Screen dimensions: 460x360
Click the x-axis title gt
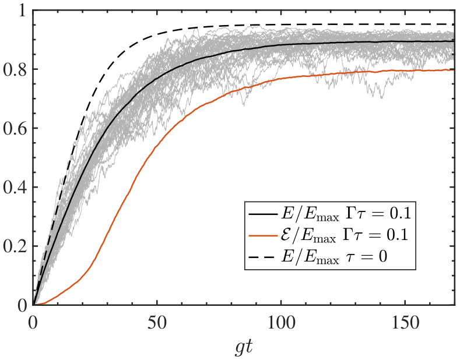[x=244, y=348]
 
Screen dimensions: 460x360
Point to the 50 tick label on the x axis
[x=157, y=323]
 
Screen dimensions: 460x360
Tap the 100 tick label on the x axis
[x=281, y=323]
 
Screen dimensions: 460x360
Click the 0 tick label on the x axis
[x=33, y=323]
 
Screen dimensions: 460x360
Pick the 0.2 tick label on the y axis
[x=15, y=246]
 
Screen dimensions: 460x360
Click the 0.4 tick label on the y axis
[x=15, y=187]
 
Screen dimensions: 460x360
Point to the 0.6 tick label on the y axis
[x=15, y=128]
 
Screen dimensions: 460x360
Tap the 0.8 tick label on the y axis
[x=15, y=69]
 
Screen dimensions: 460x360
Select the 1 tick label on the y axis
[x=23, y=10]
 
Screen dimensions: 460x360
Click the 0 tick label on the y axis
[x=22, y=305]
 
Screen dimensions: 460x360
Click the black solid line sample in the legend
[x=262, y=214]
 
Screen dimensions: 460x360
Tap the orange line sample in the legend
[x=262, y=235]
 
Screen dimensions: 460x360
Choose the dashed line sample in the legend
[x=262, y=257]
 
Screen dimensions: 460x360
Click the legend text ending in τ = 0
[x=334, y=257]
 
